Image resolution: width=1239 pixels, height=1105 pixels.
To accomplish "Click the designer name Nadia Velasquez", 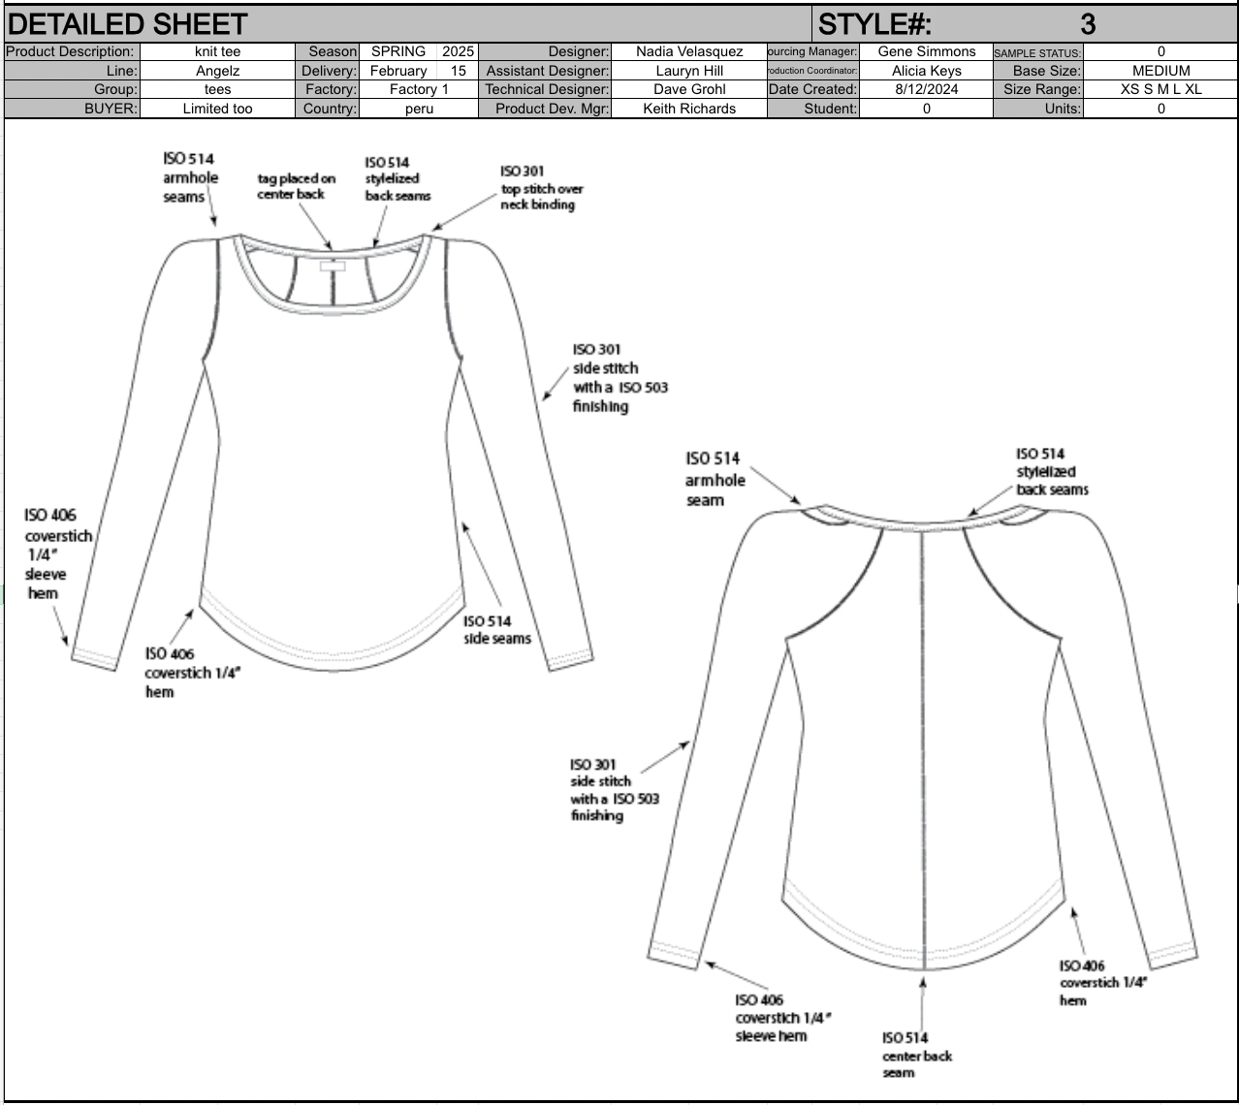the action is click(689, 51).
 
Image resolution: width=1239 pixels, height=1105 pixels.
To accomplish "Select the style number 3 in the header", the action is click(1088, 24).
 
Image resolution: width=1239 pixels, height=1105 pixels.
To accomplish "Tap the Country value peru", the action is click(419, 109).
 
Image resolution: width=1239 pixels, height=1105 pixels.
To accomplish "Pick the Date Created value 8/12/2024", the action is click(927, 89).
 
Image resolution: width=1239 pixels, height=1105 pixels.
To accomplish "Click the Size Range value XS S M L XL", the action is click(1160, 89).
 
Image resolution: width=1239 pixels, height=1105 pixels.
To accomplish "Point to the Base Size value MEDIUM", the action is click(1160, 71).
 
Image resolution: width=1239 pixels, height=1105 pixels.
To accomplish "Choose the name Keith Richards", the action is click(689, 109).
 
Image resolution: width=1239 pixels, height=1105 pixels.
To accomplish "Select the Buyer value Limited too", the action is click(217, 109).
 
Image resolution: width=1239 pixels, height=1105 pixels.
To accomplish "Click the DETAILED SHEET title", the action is click(127, 24).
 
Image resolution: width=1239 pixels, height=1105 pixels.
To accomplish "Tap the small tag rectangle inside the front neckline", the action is click(333, 266).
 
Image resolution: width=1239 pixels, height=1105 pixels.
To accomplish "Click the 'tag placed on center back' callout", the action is click(296, 186).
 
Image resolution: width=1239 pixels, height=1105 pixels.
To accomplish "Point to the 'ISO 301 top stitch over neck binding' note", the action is click(542, 188).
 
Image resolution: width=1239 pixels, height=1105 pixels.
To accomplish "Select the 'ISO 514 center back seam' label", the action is click(917, 1055).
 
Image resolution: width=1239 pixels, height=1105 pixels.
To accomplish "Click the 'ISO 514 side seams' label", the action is click(496, 630).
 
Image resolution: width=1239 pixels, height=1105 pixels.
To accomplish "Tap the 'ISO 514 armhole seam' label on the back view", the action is click(715, 480).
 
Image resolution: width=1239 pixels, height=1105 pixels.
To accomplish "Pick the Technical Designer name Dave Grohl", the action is click(689, 89).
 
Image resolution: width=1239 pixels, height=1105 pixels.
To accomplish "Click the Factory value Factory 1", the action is click(419, 89).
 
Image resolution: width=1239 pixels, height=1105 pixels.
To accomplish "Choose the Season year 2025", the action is click(458, 51).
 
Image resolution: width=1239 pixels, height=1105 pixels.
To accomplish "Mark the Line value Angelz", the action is click(217, 71).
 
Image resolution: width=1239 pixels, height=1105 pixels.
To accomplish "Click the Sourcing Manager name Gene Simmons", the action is click(927, 51).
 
